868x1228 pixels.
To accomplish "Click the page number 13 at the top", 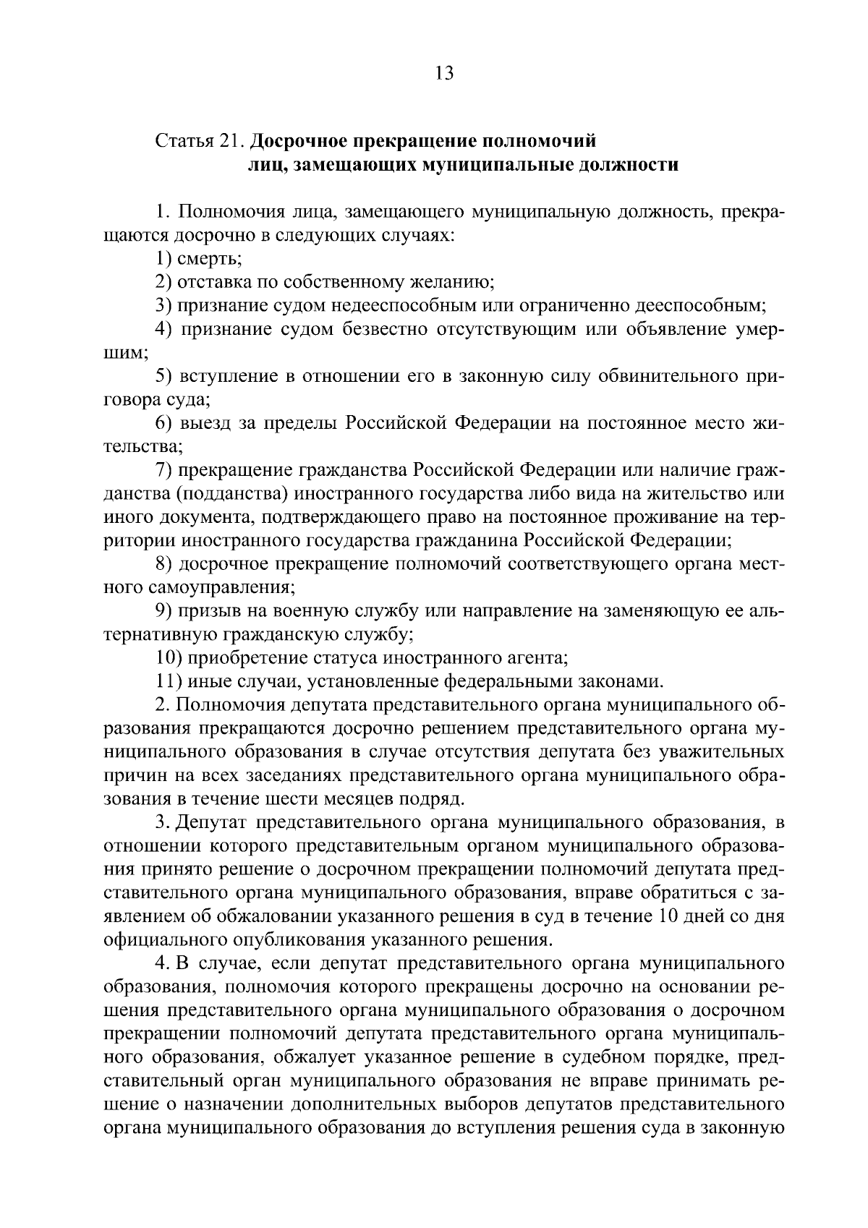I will [x=444, y=73].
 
